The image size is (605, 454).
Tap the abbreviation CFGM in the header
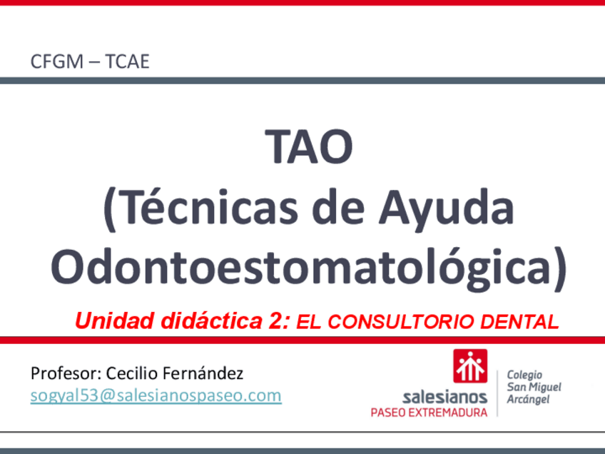coord(57,61)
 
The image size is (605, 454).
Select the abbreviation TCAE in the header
coord(127,61)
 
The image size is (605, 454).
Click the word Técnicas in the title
coord(200,208)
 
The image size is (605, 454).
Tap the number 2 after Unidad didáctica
coord(278,321)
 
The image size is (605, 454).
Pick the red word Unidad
coord(115,321)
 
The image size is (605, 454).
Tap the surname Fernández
coord(203,373)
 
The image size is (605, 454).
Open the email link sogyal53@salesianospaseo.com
coord(156,395)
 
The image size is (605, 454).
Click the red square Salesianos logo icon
coord(470,365)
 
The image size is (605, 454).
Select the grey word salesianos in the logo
coord(444,396)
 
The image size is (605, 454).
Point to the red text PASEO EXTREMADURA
coord(429,413)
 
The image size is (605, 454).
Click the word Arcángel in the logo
coord(528,400)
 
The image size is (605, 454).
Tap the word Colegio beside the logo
coord(524,375)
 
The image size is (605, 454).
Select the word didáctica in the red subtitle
coord(211,321)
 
